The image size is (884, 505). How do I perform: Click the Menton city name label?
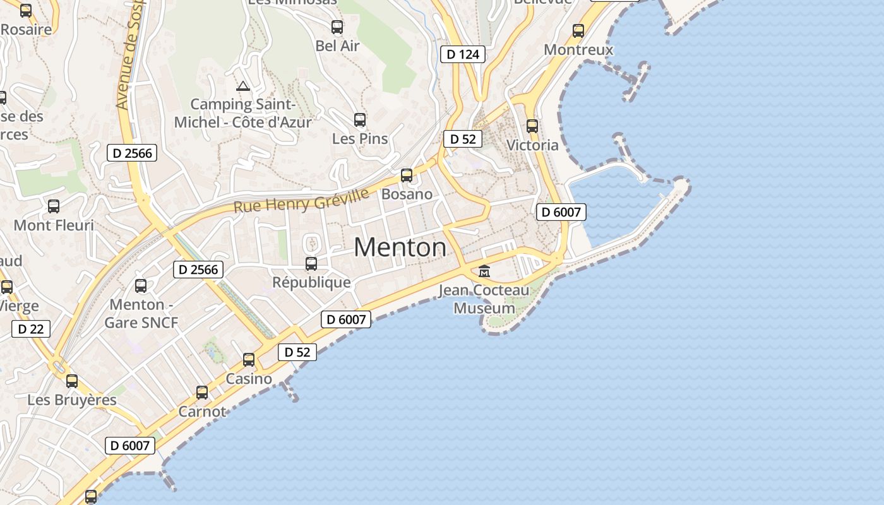[400, 247]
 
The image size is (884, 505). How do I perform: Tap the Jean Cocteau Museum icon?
[484, 271]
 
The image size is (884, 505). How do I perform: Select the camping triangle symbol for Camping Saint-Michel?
[242, 86]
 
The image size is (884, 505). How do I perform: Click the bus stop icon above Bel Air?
[337, 27]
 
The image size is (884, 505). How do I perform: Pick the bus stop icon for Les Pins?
[360, 119]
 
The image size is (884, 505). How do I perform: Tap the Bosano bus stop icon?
[407, 175]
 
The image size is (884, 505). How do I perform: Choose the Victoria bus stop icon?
[532, 126]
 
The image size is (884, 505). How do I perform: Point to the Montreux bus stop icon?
[578, 30]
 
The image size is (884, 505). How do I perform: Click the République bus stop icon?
[311, 263]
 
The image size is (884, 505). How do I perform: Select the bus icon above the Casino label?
[249, 360]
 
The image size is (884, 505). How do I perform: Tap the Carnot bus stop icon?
[202, 393]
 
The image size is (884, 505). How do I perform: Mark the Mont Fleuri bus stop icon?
[54, 206]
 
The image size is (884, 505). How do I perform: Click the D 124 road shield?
[463, 54]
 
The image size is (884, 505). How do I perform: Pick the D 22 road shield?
[31, 329]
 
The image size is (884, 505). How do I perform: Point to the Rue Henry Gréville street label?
[301, 200]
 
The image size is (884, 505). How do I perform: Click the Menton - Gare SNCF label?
[141, 314]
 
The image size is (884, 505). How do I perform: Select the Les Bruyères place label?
[72, 400]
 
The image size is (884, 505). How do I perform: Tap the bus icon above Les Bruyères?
[72, 381]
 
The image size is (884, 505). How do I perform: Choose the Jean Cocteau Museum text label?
[484, 299]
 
